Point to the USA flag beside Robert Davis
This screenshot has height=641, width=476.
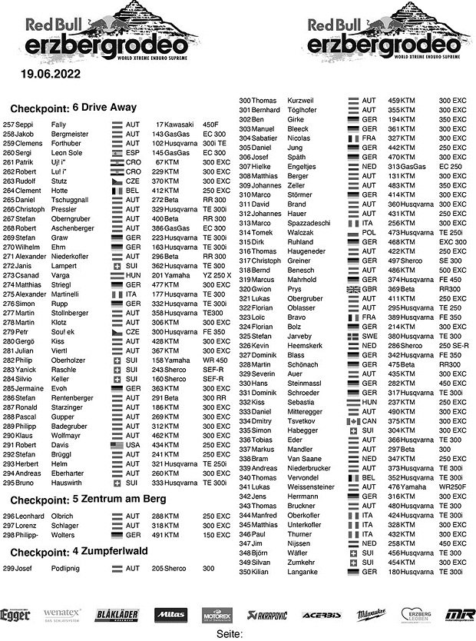(x=117, y=445)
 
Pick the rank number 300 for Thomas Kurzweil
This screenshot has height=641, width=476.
(x=245, y=101)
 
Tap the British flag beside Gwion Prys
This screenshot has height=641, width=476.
(x=353, y=288)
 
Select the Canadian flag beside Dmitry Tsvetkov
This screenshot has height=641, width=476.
(x=353, y=421)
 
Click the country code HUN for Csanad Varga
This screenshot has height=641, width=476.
(x=134, y=275)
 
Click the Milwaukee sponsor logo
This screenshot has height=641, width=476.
(x=372, y=615)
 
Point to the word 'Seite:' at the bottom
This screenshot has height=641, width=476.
(x=230, y=634)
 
